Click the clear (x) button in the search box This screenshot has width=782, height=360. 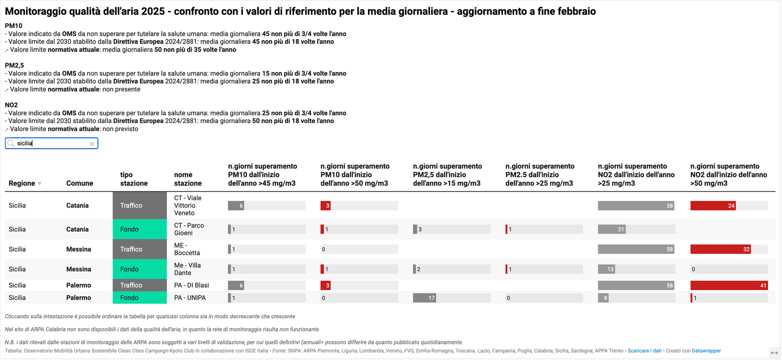[x=92, y=144]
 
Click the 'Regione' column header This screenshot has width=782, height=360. [x=22, y=183]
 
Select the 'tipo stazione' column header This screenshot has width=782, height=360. [x=134, y=179]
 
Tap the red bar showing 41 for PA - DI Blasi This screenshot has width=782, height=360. [x=729, y=285]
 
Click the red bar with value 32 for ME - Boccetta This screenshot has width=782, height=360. [x=720, y=249]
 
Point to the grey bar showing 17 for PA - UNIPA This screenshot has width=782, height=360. [x=424, y=298]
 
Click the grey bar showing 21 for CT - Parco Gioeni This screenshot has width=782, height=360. [x=611, y=229]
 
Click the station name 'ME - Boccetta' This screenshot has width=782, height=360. [x=187, y=249]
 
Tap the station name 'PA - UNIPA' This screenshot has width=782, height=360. [x=190, y=297]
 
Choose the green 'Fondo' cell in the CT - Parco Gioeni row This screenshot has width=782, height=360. [x=140, y=229]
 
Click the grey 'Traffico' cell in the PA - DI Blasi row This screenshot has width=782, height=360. [x=140, y=285]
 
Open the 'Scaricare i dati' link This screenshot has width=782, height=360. [x=644, y=351]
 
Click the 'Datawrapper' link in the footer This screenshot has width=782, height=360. [x=706, y=351]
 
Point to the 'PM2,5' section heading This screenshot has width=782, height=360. [x=14, y=65]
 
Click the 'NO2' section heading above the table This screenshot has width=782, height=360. [x=11, y=105]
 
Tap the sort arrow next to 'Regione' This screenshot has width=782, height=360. [x=40, y=184]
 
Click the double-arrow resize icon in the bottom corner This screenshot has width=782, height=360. [x=774, y=353]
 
